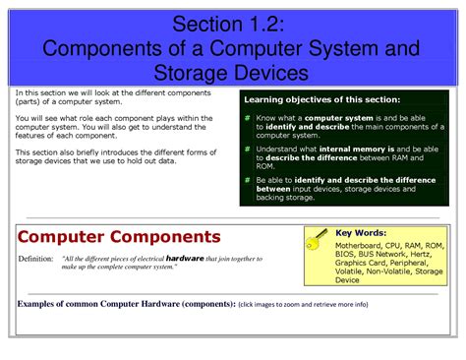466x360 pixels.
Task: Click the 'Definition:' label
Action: [36, 259]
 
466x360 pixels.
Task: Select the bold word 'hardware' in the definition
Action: [184, 258]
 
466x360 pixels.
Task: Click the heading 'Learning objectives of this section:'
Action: [322, 100]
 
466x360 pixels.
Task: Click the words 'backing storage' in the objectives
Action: [282, 198]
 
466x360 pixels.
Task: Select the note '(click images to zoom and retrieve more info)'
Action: [303, 304]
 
